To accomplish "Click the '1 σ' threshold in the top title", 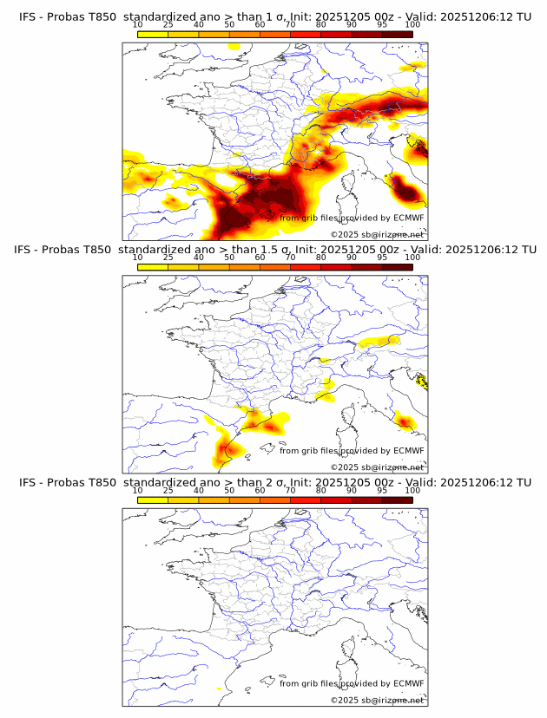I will (x=260, y=17).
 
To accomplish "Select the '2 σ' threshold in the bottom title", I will (x=260, y=482).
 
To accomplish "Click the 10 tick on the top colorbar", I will (x=138, y=25).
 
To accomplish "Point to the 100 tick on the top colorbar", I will (x=412, y=25).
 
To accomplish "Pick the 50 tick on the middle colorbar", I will (x=229, y=258).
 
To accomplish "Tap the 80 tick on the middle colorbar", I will (x=321, y=258).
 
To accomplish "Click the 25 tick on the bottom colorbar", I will (x=168, y=490).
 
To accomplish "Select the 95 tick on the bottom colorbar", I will (x=382, y=490).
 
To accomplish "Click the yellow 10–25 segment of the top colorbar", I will (x=153, y=34).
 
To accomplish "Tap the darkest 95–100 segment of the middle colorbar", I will (x=397, y=266).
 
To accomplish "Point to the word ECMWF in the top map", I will (x=408, y=218).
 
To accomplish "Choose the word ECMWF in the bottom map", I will (x=408, y=683).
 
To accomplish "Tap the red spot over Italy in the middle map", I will (x=405, y=421).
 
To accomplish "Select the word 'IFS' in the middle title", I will (x=27, y=250).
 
